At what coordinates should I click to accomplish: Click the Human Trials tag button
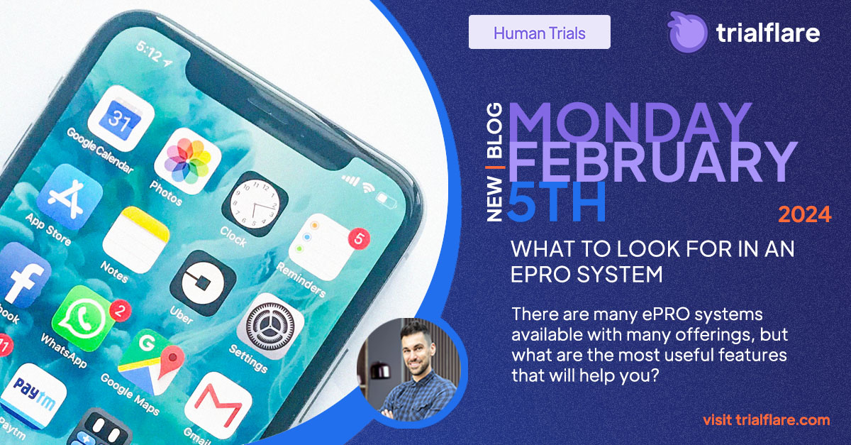pyautogui.click(x=539, y=33)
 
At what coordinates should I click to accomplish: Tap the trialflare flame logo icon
pyautogui.click(x=687, y=33)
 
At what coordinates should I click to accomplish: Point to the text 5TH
pyautogui.click(x=557, y=202)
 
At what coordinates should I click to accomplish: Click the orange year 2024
pyautogui.click(x=805, y=214)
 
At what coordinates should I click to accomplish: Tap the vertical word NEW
pyautogui.click(x=496, y=199)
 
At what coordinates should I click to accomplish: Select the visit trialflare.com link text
pyautogui.click(x=766, y=419)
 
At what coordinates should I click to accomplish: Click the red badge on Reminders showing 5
pyautogui.click(x=359, y=238)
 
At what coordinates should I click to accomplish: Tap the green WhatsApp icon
pyautogui.click(x=84, y=317)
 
